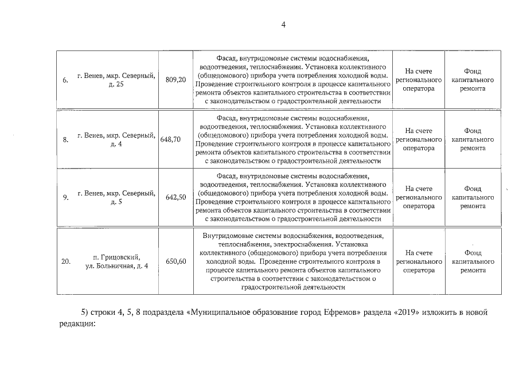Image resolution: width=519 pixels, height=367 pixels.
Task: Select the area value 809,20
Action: point(175,79)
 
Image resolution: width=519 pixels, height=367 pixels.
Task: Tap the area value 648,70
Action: point(171,139)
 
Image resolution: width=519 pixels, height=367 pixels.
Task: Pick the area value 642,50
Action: point(175,197)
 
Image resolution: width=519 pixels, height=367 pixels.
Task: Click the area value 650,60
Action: point(175,261)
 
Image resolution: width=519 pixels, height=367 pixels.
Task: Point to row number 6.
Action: point(65,80)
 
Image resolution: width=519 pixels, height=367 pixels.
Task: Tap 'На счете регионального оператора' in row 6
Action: point(418,80)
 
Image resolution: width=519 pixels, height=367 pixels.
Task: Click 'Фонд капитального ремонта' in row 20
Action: point(473,261)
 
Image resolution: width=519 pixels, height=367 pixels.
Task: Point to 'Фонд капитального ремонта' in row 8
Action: point(473,139)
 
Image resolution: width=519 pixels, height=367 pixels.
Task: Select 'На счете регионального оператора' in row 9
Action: point(418,197)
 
